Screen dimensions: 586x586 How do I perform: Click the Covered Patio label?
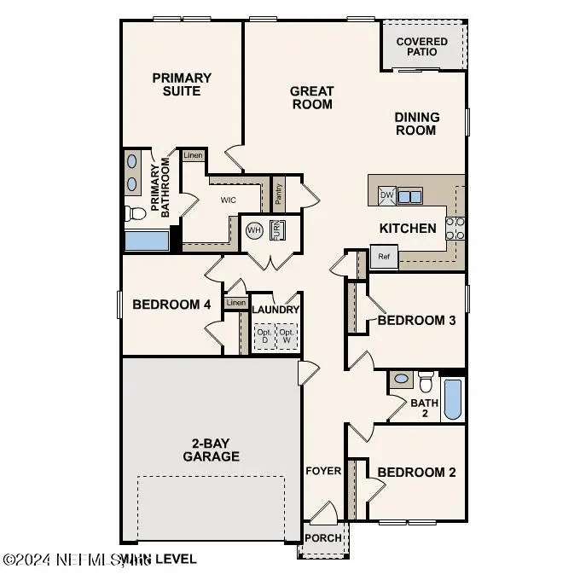(422, 46)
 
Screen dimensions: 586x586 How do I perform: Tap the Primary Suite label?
(182, 84)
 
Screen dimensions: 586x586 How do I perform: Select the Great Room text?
(311, 97)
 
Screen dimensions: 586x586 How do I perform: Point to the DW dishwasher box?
(386, 195)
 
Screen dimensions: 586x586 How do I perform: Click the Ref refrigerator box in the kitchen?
(384, 256)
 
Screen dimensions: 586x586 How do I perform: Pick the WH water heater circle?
(254, 230)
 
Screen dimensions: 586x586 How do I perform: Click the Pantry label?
(279, 194)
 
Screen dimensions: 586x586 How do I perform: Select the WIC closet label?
(228, 200)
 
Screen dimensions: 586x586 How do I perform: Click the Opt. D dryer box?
(263, 336)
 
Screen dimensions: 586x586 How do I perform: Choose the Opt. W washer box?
(287, 336)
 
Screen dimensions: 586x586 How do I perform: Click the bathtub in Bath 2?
(452, 399)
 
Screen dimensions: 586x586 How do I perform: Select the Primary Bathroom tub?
(146, 240)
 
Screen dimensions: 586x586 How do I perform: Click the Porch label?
(323, 538)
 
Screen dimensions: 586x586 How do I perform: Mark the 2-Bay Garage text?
(210, 450)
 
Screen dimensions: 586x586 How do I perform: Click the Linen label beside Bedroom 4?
(236, 303)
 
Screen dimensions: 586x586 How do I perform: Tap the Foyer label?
(323, 471)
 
